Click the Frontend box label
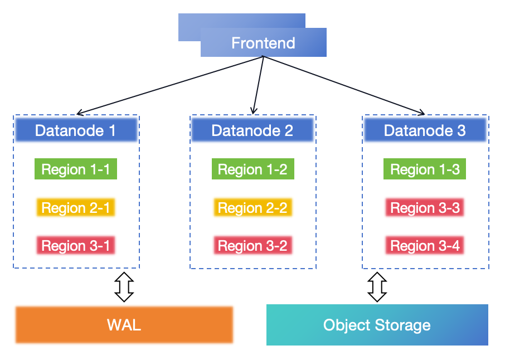click(263, 43)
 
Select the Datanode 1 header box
click(76, 130)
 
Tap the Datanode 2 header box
click(252, 130)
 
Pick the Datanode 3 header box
click(425, 130)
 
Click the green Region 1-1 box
click(76, 169)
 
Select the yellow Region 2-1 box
click(76, 208)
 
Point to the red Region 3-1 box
click(76, 246)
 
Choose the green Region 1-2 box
click(252, 169)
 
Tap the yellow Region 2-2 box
click(252, 208)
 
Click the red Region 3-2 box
click(252, 246)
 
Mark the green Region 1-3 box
click(425, 169)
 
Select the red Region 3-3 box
click(425, 208)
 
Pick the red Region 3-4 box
click(425, 246)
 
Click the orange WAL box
click(124, 325)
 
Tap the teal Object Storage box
click(377, 325)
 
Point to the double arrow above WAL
click(124, 286)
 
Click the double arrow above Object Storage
click(377, 286)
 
